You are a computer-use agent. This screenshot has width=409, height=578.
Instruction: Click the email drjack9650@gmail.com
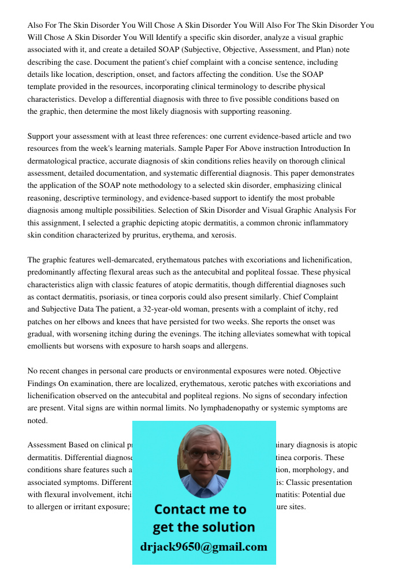204,547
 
